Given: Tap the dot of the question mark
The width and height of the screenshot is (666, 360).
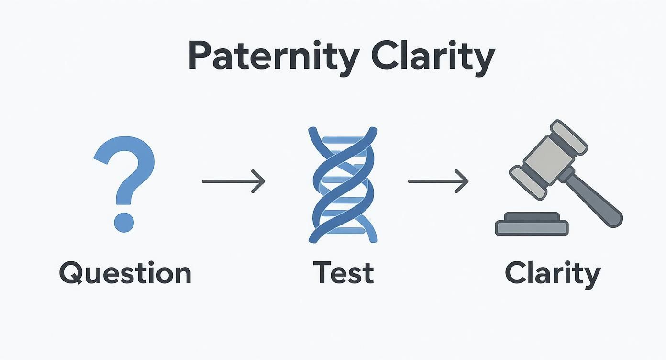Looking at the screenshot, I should pyautogui.click(x=124, y=222).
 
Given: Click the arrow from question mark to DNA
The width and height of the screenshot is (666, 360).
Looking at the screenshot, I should pyautogui.click(x=233, y=181).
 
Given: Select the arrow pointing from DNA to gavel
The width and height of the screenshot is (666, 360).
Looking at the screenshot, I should pyautogui.click(x=438, y=181).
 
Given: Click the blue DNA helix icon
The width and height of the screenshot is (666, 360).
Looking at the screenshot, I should pyautogui.click(x=343, y=184).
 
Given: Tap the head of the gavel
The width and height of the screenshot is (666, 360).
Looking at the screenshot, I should pyautogui.click(x=548, y=158).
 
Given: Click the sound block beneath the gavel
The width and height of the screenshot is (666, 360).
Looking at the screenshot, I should pyautogui.click(x=532, y=224).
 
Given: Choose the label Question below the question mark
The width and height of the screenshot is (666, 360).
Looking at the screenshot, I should pyautogui.click(x=125, y=273).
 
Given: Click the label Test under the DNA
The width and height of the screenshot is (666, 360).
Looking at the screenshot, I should pyautogui.click(x=344, y=273).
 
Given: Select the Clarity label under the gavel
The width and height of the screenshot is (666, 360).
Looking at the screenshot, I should pyautogui.click(x=553, y=273).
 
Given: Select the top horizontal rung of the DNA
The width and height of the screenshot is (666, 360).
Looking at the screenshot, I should pyautogui.click(x=343, y=140).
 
